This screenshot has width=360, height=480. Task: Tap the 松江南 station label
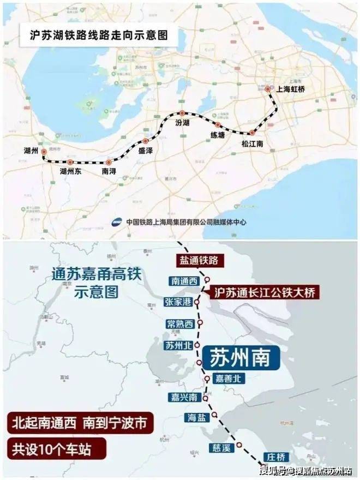point(253,145)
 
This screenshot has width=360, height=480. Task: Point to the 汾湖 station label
point(183,123)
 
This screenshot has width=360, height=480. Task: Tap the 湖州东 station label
point(71,171)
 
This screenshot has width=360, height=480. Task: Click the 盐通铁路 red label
point(199,260)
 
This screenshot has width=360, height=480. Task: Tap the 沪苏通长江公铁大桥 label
point(264,292)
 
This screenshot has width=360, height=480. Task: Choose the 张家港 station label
point(178,302)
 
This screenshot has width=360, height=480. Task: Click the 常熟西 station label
point(181,323)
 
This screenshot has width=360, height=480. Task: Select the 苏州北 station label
point(178,345)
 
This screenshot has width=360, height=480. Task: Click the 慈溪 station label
point(222,448)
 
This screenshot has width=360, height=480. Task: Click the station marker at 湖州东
point(70,161)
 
